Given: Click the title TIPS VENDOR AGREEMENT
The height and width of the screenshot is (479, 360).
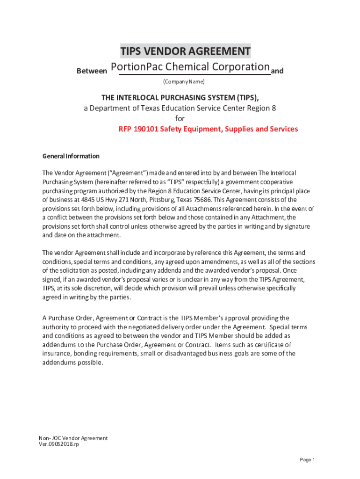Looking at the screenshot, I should pos(185,51).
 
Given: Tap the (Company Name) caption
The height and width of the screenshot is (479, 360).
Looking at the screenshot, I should pos(184,82).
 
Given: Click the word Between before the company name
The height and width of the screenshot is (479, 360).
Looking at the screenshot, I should pos(92,71).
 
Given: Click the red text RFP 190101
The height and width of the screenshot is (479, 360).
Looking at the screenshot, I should pos(138,129).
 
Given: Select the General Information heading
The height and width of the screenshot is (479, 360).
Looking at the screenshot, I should pos(71,156).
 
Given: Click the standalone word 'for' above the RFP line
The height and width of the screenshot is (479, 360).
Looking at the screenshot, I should pos(180,118).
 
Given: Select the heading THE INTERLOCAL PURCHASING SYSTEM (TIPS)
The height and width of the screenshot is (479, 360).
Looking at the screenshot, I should pos(180,97).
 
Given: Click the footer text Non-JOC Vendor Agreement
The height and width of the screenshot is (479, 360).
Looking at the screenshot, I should pos(73,438).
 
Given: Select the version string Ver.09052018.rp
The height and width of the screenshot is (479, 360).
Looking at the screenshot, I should pos(59,444).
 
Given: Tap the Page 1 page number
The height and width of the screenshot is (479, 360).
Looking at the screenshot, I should pos(307,460).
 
